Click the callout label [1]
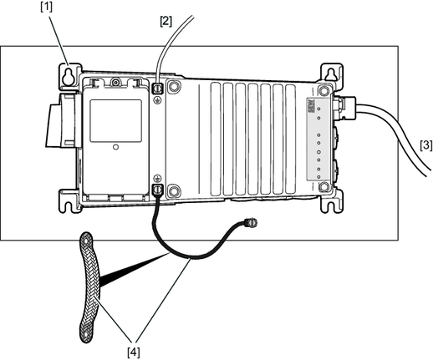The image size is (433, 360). pos(46,7)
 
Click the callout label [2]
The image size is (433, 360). pos(166,21)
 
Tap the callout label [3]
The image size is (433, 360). pos(426,145)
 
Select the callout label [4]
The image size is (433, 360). pos(134,352)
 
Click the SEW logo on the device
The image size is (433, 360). pos(311,106)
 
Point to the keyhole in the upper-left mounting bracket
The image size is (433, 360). pos(67,77)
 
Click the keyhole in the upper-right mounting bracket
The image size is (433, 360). pos(331,74)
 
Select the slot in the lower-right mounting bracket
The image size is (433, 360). pos(330,205)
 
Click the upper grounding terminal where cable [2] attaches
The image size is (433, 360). pos(157,89)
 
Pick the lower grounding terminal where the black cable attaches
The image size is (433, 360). pos(157,190)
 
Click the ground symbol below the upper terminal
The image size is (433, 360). pos(158,100)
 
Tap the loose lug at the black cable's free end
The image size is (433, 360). pos(251,223)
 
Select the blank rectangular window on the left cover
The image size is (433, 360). pos(115,121)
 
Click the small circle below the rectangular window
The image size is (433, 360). pos(116,147)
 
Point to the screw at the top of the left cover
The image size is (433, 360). pos(115,83)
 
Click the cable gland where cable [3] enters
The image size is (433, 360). pos(344,108)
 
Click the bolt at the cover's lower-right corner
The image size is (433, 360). pos(324,186)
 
